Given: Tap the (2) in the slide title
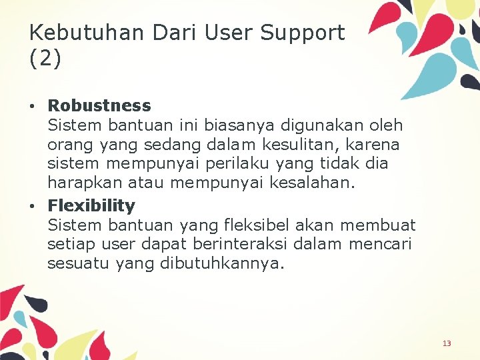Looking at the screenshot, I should coord(45,59).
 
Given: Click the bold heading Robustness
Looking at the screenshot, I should coord(99,105).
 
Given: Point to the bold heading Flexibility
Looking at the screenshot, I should coord(91,205).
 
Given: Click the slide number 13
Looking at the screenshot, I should coord(447,343).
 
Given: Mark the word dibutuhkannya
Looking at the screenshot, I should coord(222,263).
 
